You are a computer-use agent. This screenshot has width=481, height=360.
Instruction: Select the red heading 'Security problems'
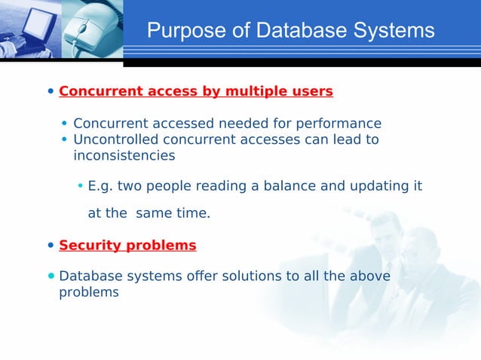[127, 246]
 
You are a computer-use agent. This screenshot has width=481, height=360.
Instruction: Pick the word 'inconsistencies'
[124, 156]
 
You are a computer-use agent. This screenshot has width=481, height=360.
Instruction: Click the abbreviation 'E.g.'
[100, 185]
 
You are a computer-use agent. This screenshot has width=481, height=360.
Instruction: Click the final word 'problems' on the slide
[89, 292]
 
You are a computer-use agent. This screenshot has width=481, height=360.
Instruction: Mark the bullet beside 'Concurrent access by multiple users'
[51, 92]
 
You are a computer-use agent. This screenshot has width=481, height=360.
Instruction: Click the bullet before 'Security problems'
[51, 246]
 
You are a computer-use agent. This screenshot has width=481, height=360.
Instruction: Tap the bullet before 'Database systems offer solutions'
[51, 276]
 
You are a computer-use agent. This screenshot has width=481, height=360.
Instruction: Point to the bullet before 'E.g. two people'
[81, 186]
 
